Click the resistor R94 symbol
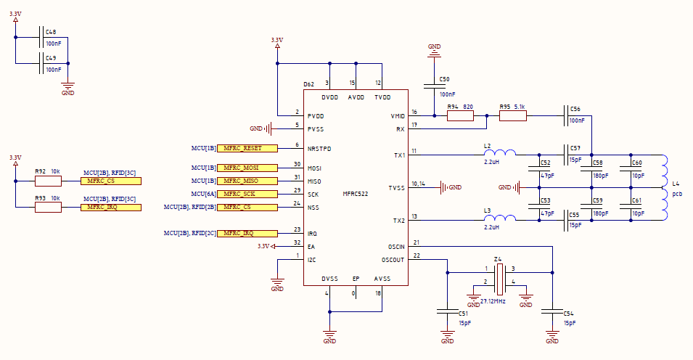460,116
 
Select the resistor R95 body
513,116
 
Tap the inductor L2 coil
500,153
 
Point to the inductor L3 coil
500,218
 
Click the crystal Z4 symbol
499,279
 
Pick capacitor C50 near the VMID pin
435,86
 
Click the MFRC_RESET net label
247,148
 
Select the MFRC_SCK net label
247,194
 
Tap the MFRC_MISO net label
247,181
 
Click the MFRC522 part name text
356,194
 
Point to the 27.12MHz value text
493,301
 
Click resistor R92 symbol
48,181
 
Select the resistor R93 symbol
48,207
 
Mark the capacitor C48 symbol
41,37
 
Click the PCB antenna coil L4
664,187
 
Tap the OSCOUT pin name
393,260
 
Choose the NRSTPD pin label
319,149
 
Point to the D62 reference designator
309,84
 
